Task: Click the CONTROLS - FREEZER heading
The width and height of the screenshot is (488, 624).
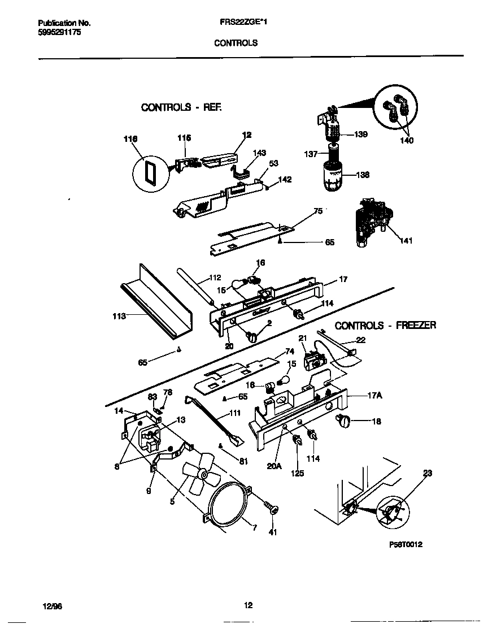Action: pos(385,326)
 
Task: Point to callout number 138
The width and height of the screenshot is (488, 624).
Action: pos(362,175)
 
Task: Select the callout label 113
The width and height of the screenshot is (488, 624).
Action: pos(119,317)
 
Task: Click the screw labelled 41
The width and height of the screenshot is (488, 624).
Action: pos(274,510)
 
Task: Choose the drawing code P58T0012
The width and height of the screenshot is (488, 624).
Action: pos(406,545)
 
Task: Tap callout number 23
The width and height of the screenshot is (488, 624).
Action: pos(428,474)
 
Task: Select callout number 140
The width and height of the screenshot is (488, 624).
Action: pos(406,140)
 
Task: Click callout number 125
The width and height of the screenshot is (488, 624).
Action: pos(297,473)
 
